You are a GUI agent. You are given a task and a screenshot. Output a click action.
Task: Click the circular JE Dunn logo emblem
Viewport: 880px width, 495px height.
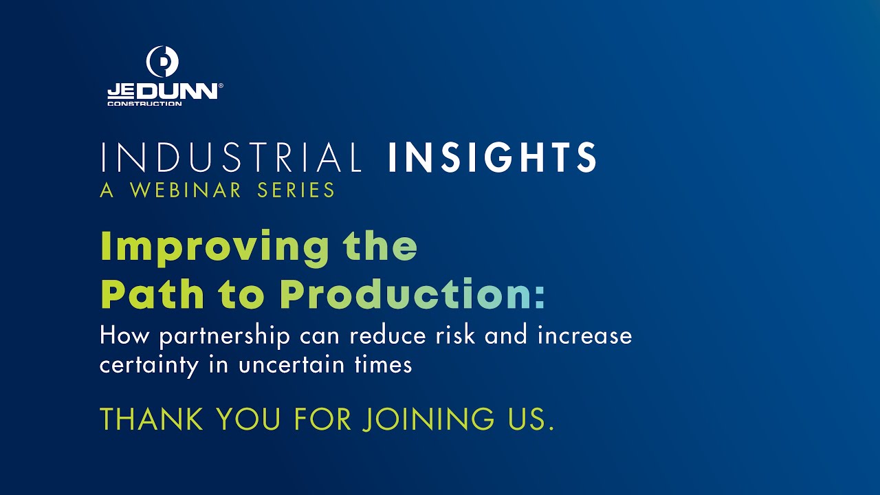coord(163,62)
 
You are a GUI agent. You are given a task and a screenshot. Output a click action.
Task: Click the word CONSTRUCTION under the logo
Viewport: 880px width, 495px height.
coord(144,104)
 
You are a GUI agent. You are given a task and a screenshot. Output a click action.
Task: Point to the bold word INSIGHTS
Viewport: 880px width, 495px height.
coord(492,157)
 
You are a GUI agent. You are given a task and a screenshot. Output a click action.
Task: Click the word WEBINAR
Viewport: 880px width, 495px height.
coord(186,190)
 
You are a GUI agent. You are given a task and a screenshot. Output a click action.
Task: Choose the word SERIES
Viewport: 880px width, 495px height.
coord(296,190)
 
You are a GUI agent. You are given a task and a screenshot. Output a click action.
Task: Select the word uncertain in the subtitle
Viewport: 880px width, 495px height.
coord(291,364)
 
